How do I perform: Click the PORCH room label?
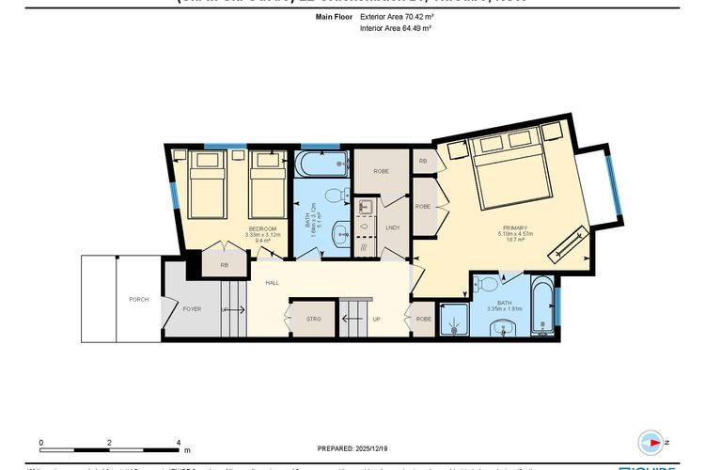coord(138,299)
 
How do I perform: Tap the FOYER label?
coord(192,308)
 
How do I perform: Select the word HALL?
coord(272,282)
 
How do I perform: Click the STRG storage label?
coord(314,319)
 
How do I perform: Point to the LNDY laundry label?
coord(393,227)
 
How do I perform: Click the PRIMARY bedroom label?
coord(514,227)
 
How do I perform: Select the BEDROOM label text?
coord(262,228)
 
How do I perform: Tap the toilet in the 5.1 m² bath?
coord(332,196)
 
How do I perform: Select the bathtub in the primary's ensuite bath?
coord(542,306)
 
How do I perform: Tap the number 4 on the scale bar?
coord(179,442)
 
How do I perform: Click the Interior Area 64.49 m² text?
coord(395,29)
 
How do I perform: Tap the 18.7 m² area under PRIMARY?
coord(514,241)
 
